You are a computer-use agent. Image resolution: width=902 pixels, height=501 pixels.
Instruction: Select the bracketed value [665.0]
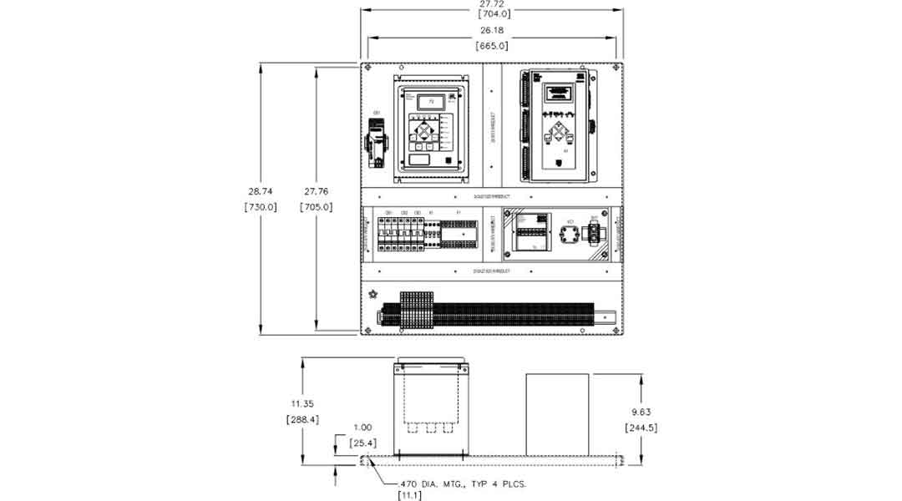492,46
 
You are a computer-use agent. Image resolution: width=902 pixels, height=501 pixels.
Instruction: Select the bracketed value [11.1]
408,496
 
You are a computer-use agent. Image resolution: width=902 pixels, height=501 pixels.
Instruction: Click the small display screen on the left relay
431,101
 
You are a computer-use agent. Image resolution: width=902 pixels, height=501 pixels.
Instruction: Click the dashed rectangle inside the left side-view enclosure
430,399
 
